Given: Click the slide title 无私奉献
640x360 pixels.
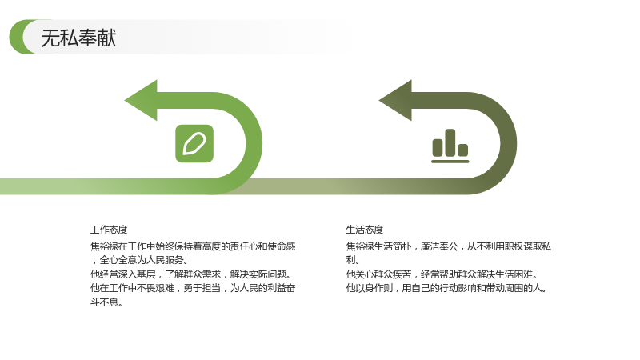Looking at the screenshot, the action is [x=78, y=38].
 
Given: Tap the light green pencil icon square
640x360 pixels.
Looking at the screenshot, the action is [x=194, y=144].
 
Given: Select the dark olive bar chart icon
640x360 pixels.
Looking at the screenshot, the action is [x=450, y=146].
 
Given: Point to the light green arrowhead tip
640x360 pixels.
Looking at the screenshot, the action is [x=125, y=101].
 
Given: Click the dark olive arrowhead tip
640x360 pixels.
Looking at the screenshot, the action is [x=379, y=101].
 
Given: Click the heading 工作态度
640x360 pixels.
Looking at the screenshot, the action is [x=109, y=230].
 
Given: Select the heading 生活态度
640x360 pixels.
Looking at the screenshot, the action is [x=365, y=230].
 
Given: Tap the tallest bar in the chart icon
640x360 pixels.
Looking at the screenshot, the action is [x=450, y=143].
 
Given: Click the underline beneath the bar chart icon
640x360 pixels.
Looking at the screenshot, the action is [x=450, y=162].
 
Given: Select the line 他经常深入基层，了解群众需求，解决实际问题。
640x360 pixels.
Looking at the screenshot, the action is [x=190, y=274].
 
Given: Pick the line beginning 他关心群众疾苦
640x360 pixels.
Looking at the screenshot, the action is [x=442, y=274].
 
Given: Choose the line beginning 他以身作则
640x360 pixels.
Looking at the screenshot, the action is [x=446, y=288].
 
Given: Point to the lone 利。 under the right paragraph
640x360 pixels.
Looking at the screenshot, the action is [x=353, y=260].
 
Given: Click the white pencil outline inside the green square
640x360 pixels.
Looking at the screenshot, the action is [x=194, y=144].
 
